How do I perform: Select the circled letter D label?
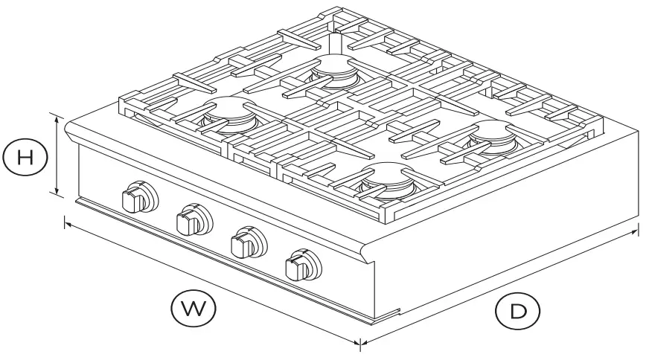517,312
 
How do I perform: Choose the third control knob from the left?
245,242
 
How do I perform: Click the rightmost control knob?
301,264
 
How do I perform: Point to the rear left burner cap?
223,109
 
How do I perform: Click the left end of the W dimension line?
65,221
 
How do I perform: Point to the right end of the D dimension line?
637,231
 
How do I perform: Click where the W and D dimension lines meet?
361,344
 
